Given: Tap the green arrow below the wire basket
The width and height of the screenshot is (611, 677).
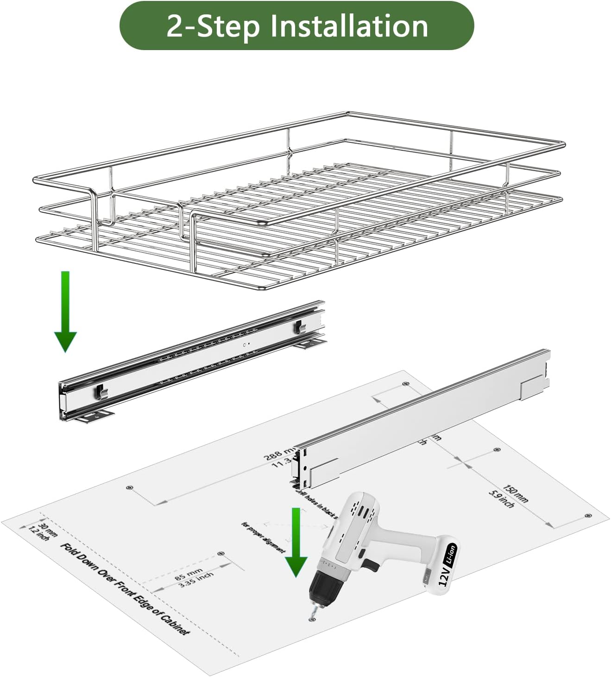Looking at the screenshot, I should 65,311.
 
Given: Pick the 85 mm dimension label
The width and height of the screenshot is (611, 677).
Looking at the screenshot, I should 189,572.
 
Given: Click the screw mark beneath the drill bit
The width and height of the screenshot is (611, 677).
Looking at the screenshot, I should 310,620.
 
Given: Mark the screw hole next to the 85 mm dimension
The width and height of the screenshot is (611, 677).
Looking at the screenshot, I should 220,553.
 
